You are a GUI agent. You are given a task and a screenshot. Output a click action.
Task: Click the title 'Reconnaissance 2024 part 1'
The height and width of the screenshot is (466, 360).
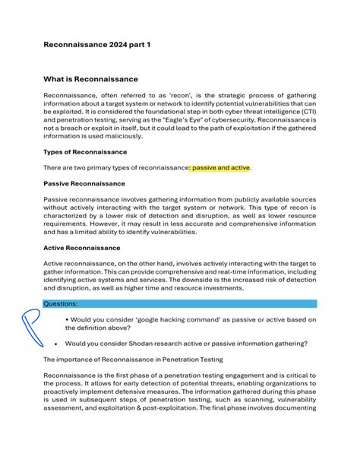(96, 45)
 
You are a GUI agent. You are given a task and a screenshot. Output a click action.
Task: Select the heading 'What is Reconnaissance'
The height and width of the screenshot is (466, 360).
(90, 78)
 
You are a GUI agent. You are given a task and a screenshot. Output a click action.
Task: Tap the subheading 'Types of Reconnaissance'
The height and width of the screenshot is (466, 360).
(84, 152)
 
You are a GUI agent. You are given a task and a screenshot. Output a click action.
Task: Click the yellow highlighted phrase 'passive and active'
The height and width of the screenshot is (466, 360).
(221, 167)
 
